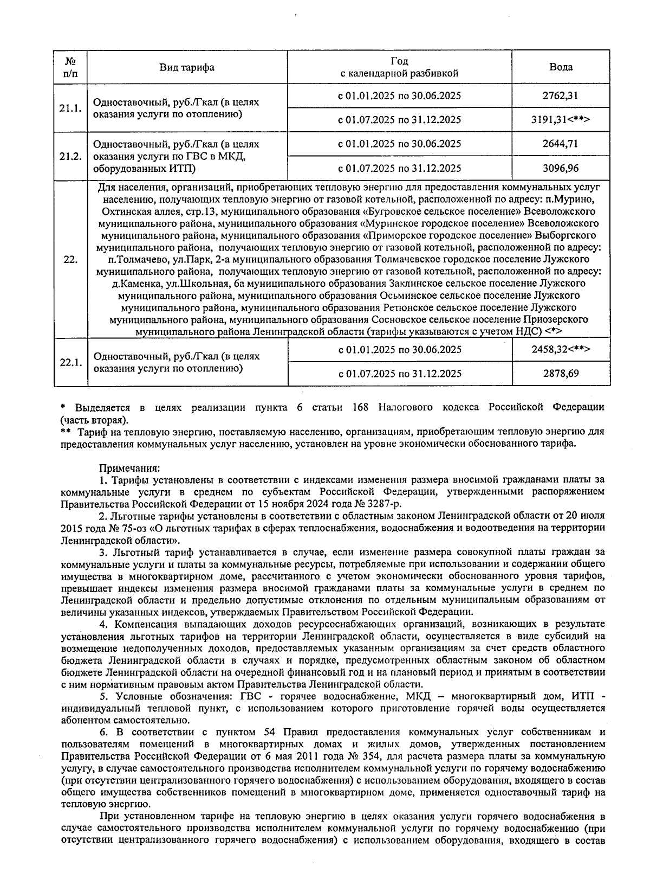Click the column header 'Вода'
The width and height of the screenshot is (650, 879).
click(561, 67)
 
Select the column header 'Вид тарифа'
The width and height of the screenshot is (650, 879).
click(186, 67)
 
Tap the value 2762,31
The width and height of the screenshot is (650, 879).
click(561, 96)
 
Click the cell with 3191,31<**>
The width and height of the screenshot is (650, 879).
click(561, 120)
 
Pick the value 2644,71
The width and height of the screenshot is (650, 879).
click(561, 144)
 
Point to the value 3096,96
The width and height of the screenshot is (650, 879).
click(561, 168)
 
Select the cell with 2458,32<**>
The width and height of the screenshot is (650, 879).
click(561, 349)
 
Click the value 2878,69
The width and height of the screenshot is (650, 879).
click(561, 374)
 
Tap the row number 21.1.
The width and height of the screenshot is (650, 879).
click(70, 108)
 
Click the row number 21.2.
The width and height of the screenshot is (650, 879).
click(70, 156)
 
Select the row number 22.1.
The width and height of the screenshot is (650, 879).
click(70, 362)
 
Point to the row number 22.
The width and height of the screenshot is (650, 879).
click(70, 259)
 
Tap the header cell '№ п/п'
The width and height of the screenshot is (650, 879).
click(70, 67)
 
